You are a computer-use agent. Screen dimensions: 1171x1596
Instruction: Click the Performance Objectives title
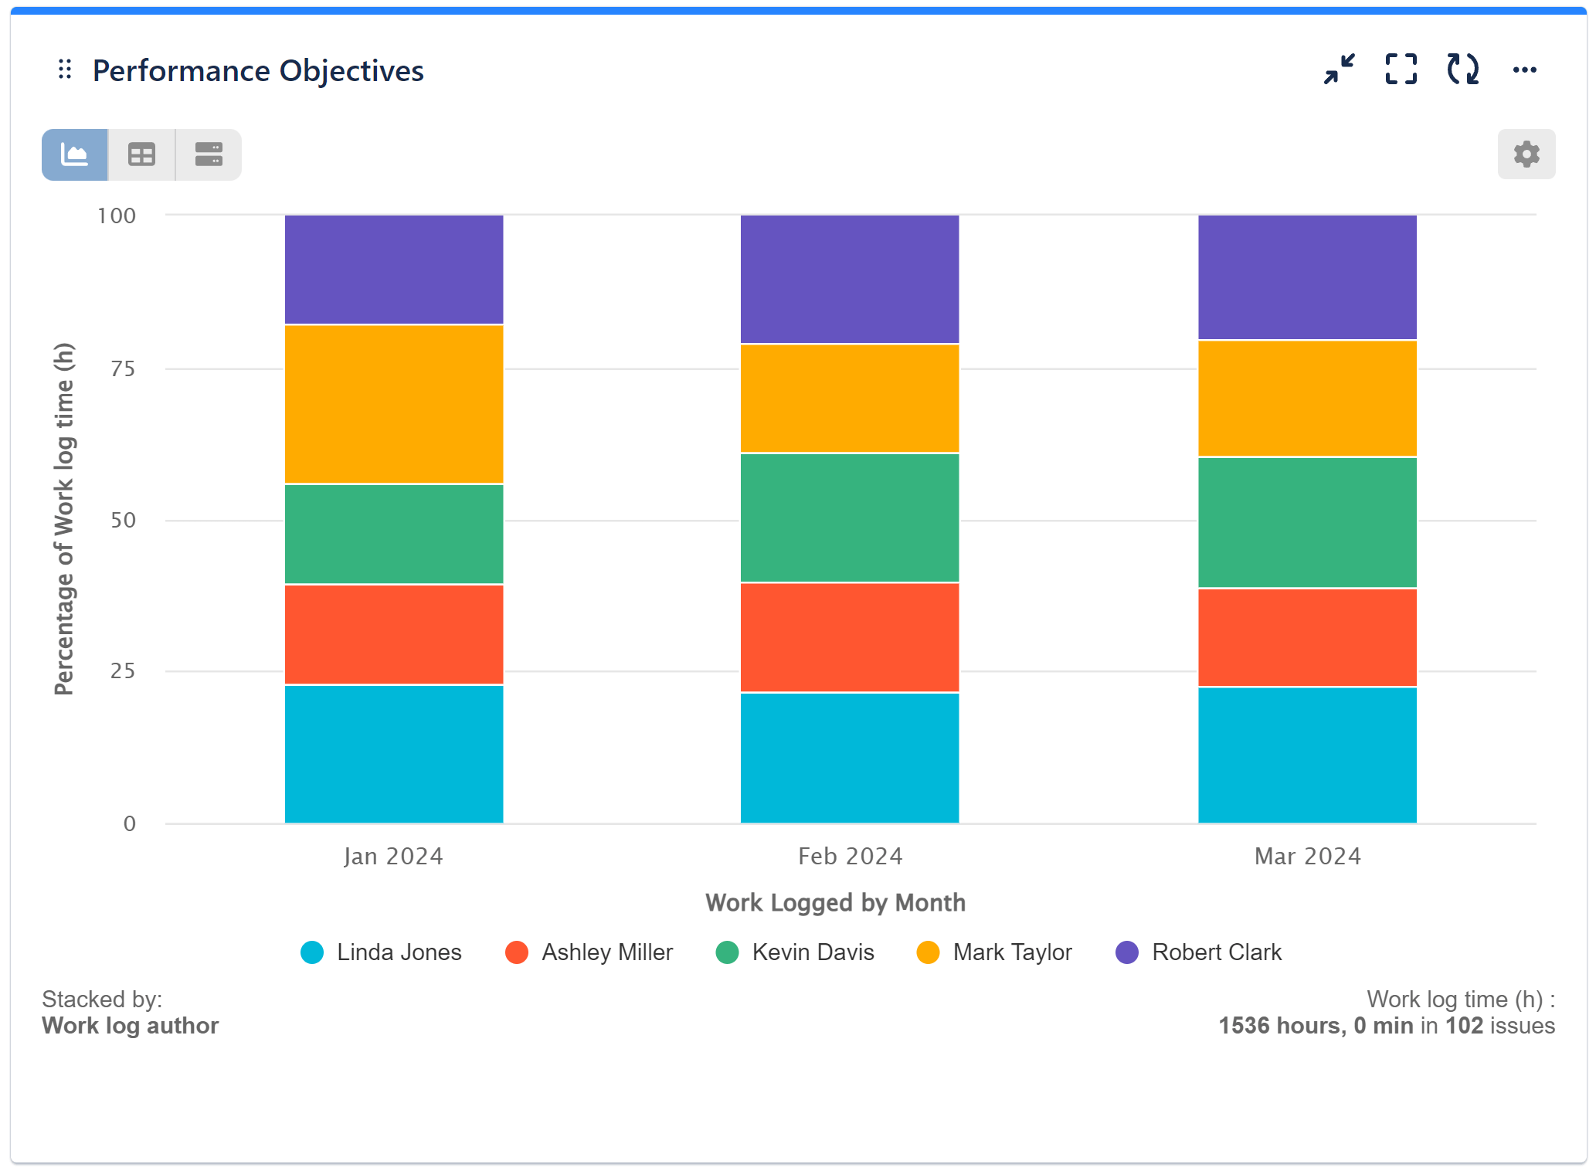[x=257, y=71]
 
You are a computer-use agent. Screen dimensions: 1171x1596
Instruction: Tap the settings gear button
[x=1526, y=154]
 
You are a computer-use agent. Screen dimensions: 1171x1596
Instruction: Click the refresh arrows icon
[x=1462, y=70]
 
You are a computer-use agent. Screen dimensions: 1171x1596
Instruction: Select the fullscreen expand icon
[x=1401, y=70]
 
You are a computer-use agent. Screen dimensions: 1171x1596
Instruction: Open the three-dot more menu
[x=1524, y=70]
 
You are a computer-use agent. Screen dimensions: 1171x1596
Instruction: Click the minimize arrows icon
[x=1339, y=70]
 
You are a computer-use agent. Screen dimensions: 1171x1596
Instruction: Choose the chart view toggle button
[x=75, y=154]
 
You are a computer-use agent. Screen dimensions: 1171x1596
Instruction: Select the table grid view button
[x=141, y=154]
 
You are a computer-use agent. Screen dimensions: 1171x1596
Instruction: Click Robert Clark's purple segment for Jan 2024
[x=394, y=269]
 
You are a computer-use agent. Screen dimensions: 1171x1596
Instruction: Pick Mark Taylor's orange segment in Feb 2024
[x=850, y=398]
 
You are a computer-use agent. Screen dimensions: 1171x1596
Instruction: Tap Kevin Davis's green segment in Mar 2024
[x=1307, y=522]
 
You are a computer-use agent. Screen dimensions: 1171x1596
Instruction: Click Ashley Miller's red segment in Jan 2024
[x=394, y=634]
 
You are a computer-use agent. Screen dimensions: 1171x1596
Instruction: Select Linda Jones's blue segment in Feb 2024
[x=850, y=757]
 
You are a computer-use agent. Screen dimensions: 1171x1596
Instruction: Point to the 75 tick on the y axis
[x=123, y=368]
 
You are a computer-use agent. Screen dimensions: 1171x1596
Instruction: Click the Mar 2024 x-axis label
[x=1307, y=856]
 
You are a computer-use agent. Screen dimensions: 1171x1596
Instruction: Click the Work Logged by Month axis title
[x=835, y=902]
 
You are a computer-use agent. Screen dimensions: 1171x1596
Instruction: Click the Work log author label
[x=130, y=1026]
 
